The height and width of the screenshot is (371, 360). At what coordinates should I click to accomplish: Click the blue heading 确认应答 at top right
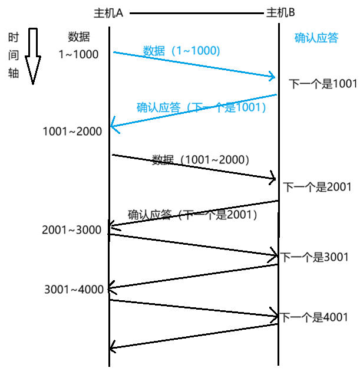316,38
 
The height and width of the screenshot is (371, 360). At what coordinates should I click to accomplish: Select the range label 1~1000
78,54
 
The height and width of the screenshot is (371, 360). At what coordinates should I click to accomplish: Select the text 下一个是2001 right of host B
318,188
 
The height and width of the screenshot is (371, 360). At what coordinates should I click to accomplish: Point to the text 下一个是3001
315,257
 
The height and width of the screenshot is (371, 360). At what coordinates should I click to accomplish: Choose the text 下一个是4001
314,317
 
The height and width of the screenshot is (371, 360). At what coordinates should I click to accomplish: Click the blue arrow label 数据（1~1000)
181,51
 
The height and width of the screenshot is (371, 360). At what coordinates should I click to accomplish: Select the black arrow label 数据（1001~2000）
201,159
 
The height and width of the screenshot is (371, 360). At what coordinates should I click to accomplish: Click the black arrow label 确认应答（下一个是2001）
193,215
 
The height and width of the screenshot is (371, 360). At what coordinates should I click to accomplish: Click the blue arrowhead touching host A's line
115,126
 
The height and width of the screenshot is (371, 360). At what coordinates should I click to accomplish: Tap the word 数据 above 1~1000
79,37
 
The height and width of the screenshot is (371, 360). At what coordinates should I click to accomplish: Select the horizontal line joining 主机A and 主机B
194,13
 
